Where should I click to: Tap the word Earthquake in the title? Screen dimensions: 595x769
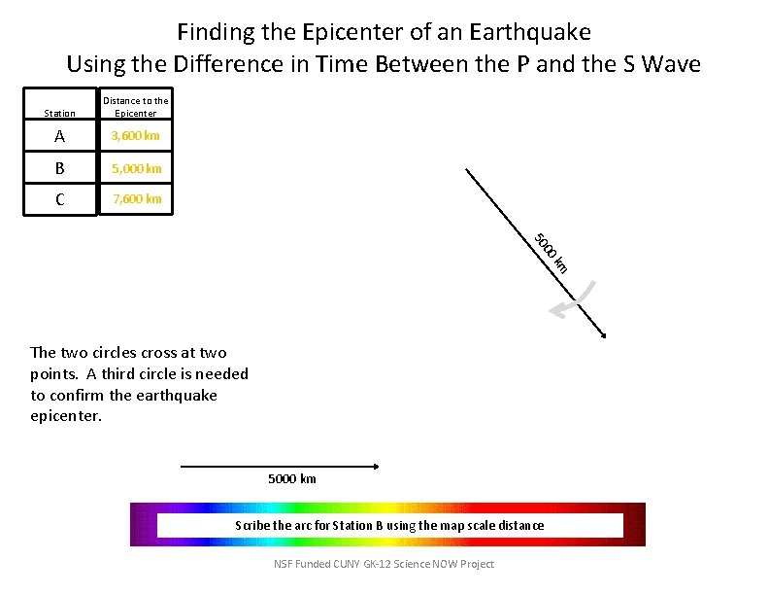[529, 32]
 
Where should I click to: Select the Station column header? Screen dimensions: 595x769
[60, 113]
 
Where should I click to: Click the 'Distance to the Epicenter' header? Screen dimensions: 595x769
[136, 106]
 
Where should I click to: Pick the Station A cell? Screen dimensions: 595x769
[60, 136]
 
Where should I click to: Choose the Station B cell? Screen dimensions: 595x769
[60, 168]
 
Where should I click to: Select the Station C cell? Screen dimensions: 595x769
[60, 200]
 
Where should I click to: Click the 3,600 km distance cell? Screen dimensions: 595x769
[136, 136]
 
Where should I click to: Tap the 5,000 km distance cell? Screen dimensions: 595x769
[136, 168]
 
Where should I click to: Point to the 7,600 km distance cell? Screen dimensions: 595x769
[136, 200]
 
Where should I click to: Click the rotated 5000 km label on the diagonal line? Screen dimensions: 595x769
[551, 253]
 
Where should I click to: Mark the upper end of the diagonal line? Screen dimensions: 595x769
[467, 171]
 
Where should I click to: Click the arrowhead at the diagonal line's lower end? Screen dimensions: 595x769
[603, 334]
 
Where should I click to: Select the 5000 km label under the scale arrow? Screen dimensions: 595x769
[291, 479]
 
